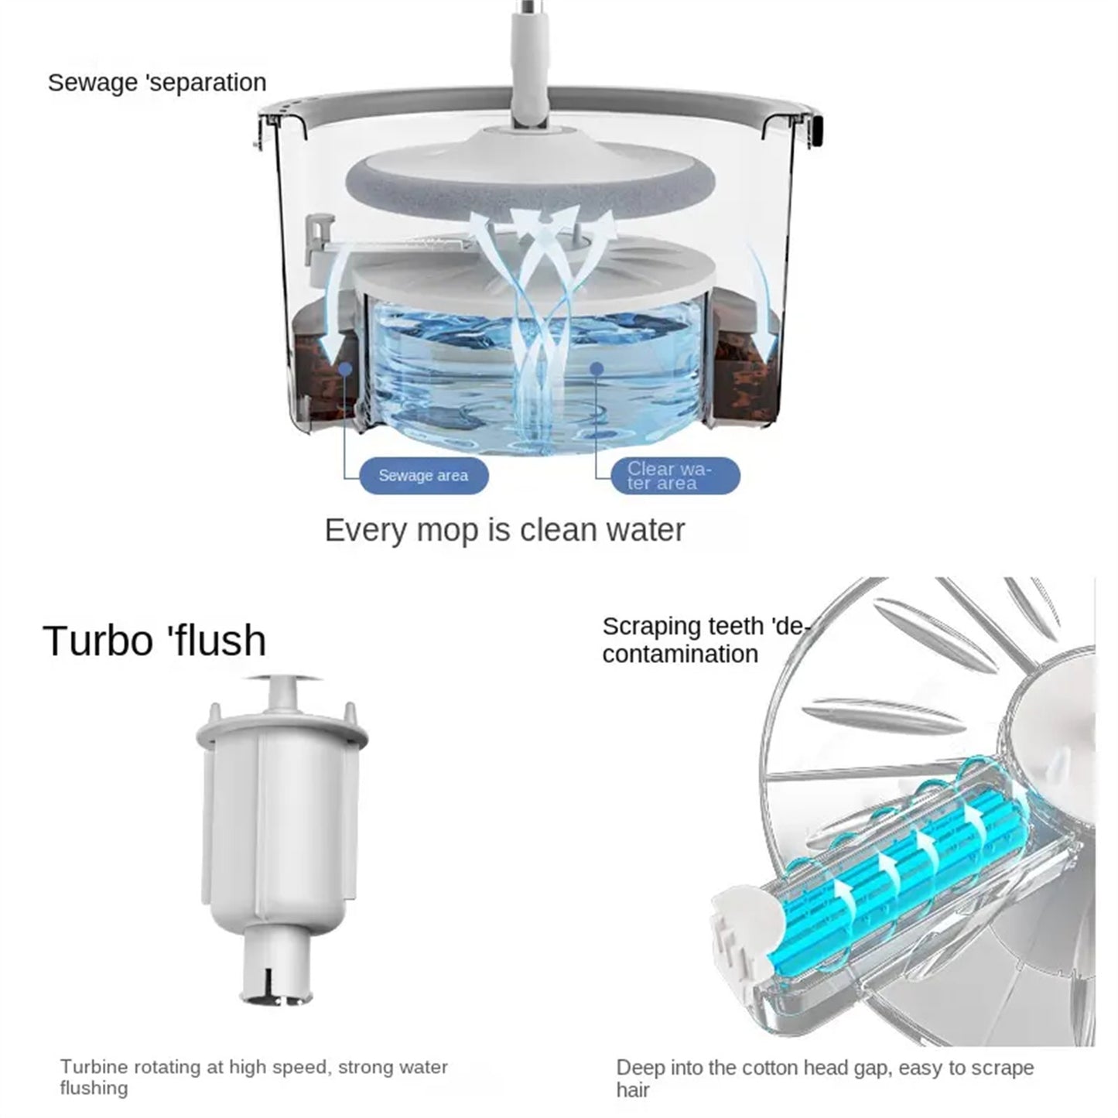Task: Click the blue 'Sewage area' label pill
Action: pos(423,475)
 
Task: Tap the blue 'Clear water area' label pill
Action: pos(675,476)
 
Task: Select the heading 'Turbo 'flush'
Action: pos(155,640)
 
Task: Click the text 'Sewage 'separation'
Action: pos(157,82)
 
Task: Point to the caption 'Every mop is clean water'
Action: pos(504,531)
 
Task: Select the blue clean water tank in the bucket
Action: pos(534,364)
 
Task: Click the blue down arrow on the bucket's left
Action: pos(329,325)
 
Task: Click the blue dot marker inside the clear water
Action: pos(597,369)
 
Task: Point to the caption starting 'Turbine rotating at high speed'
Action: pos(254,1077)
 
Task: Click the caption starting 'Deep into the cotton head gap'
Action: pos(825,1079)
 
